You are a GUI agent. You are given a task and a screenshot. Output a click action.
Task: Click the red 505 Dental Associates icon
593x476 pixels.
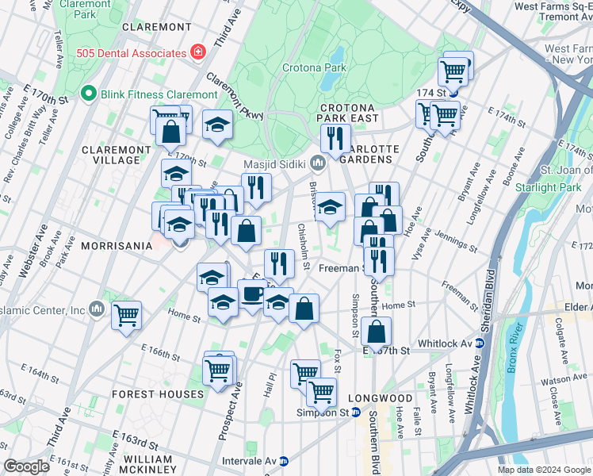[x=196, y=53]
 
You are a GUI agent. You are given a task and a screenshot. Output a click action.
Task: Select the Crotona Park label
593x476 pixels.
[x=314, y=68]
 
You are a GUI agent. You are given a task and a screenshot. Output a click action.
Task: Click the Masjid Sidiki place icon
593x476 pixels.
[x=318, y=163]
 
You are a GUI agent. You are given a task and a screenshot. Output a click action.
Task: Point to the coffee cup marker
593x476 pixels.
[x=252, y=294]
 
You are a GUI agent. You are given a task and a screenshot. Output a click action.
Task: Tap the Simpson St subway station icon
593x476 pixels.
[x=356, y=413]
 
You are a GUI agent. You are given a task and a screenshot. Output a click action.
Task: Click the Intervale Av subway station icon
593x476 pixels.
[x=284, y=460]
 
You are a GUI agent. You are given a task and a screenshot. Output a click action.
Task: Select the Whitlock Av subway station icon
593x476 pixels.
[x=479, y=343]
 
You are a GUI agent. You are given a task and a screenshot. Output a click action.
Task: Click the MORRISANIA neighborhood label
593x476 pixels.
[x=116, y=246]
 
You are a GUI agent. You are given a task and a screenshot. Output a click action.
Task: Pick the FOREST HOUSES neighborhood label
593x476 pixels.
[x=158, y=393]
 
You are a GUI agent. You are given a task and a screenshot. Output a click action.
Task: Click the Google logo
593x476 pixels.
[x=26, y=466]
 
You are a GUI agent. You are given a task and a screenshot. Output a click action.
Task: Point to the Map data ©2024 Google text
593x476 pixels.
[x=544, y=470]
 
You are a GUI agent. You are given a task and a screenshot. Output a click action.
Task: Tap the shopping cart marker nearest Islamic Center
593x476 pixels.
[x=126, y=315]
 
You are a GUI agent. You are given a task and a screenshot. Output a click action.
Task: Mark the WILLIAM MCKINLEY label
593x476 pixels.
[x=148, y=465]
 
